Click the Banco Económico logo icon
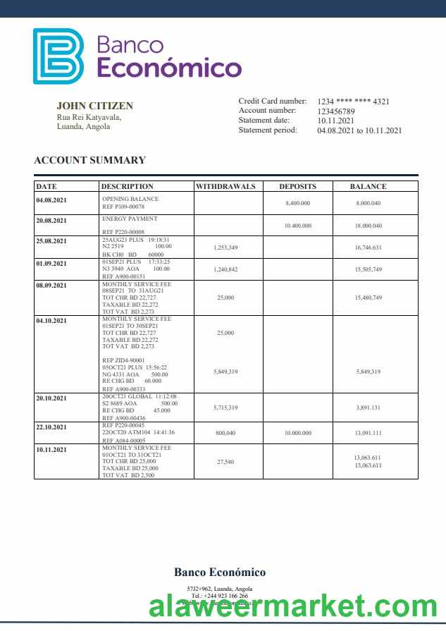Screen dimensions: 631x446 point(58,56)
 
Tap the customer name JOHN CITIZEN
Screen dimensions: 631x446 point(94,106)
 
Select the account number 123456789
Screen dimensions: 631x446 point(336,111)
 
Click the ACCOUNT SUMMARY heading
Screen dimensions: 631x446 point(89,160)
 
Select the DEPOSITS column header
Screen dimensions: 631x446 point(297,187)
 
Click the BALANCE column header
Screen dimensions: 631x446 point(368,187)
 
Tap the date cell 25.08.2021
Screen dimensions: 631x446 point(52,241)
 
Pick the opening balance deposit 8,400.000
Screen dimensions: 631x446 point(298,203)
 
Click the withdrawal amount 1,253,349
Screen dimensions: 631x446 point(225,247)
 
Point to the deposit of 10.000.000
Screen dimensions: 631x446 point(298,433)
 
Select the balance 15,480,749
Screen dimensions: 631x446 point(368,298)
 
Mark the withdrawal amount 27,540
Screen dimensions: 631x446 point(225,462)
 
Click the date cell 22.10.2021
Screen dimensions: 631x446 point(52,427)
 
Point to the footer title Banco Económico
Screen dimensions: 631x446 point(220,572)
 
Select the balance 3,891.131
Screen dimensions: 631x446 point(368,408)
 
